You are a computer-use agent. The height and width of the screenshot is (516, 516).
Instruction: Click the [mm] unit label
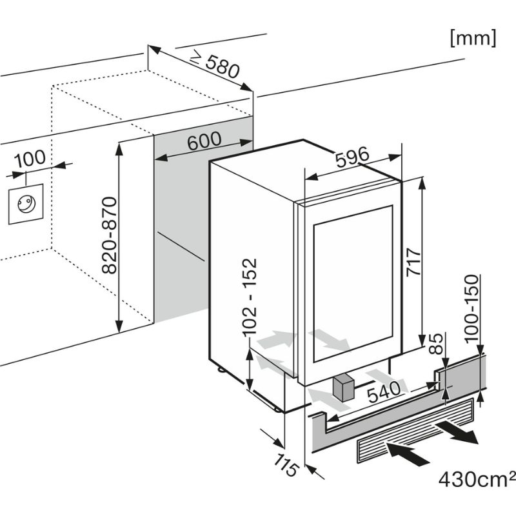(x=473, y=37)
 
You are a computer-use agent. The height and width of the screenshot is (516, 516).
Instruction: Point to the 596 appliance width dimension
(x=352, y=157)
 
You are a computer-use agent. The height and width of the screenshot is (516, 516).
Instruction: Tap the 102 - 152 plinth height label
(x=249, y=297)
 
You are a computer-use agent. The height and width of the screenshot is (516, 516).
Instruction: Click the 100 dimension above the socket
(x=29, y=157)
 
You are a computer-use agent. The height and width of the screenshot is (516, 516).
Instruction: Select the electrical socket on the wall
(x=26, y=203)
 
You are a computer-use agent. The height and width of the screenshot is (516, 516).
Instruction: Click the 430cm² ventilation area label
(x=477, y=479)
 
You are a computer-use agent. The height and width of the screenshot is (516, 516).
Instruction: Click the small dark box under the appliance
(x=342, y=388)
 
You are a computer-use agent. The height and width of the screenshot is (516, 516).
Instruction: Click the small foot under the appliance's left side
(x=221, y=370)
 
